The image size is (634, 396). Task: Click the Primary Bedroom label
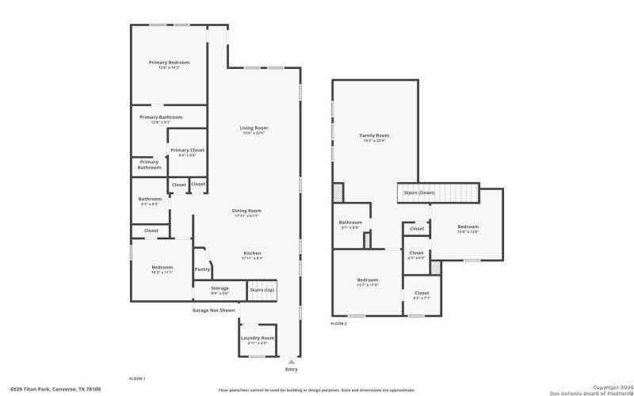click(x=169, y=63)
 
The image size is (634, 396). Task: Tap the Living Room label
click(x=254, y=128)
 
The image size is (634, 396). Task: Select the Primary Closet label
click(x=187, y=150)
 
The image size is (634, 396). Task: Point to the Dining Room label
click(x=246, y=211)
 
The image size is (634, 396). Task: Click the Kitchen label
click(x=252, y=253)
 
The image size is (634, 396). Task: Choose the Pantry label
click(x=202, y=269)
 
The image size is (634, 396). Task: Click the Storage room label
click(x=220, y=289)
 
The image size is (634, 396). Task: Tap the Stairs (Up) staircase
click(x=262, y=291)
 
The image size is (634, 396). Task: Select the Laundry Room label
click(x=257, y=338)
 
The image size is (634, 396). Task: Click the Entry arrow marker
click(x=291, y=361)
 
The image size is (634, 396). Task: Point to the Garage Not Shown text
click(x=213, y=310)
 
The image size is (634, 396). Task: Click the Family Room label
click(x=374, y=135)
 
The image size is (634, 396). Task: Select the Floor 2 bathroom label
click(x=350, y=223)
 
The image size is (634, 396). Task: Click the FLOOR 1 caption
click(x=137, y=379)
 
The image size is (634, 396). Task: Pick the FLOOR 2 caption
click(x=339, y=323)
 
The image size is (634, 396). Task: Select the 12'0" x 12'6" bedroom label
click(x=468, y=228)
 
